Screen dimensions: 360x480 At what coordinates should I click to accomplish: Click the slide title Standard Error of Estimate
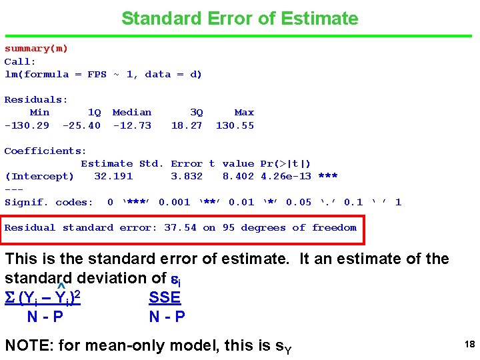click(x=239, y=19)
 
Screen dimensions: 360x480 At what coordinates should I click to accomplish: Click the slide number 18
click(x=469, y=345)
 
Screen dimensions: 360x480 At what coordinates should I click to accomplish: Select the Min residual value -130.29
click(x=27, y=125)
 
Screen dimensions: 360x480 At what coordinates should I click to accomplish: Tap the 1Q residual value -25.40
click(x=81, y=125)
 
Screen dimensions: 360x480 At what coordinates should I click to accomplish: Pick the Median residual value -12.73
click(x=132, y=125)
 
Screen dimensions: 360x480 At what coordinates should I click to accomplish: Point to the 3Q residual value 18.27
click(x=187, y=125)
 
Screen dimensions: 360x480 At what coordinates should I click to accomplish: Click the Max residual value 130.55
click(x=235, y=125)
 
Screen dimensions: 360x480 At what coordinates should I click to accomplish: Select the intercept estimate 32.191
click(x=113, y=177)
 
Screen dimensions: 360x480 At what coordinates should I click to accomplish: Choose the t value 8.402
click(x=238, y=177)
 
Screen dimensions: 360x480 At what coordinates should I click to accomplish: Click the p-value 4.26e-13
click(x=286, y=177)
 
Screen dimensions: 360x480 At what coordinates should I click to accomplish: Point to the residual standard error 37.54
click(x=180, y=228)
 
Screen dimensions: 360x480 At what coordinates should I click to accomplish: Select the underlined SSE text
click(x=165, y=297)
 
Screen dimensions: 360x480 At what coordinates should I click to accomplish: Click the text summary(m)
click(x=37, y=49)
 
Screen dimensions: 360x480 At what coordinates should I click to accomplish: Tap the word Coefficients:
click(x=45, y=151)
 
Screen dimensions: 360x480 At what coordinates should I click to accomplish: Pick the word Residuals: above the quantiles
click(x=36, y=100)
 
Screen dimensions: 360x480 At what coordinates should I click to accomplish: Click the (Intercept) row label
click(x=39, y=177)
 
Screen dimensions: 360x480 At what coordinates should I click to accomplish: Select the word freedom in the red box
click(x=334, y=228)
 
